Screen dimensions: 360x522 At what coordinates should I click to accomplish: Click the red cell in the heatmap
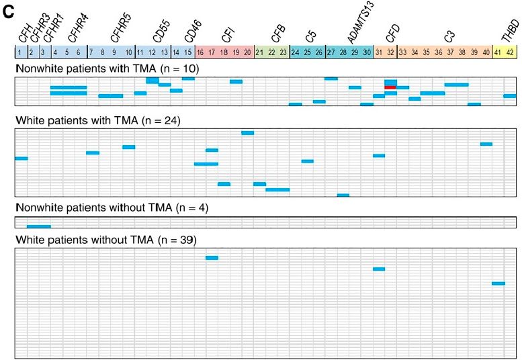pyautogui.click(x=390, y=87)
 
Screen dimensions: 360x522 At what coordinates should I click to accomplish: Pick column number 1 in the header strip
pyautogui.click(x=21, y=52)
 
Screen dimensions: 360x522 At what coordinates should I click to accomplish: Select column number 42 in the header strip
pyautogui.click(x=511, y=52)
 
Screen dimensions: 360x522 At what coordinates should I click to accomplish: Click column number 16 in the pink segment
pyautogui.click(x=200, y=52)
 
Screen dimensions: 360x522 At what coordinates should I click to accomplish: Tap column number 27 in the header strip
pyautogui.click(x=331, y=52)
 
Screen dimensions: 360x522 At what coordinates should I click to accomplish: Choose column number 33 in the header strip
pyautogui.click(x=402, y=52)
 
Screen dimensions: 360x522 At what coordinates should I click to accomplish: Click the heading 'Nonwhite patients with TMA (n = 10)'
pyautogui.click(x=107, y=69)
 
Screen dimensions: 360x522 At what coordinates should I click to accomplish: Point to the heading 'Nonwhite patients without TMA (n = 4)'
pyautogui.click(x=112, y=208)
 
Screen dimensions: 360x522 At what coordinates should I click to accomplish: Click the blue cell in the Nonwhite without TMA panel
pyautogui.click(x=38, y=226)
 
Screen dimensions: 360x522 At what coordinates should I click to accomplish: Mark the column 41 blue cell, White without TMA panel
pyautogui.click(x=498, y=283)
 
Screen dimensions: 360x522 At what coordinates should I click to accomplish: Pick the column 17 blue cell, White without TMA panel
pyautogui.click(x=212, y=258)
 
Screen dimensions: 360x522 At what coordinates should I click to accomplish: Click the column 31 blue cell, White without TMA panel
pyautogui.click(x=379, y=269)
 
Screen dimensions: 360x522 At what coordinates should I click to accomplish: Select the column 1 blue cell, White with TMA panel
pyautogui.click(x=21, y=159)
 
